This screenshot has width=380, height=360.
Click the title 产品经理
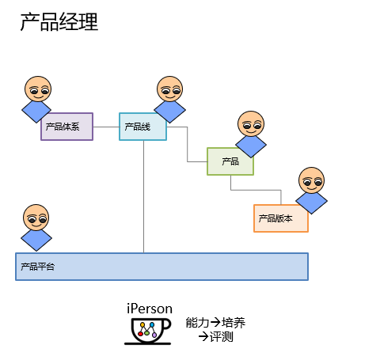click(59, 22)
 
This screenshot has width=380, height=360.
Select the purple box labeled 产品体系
click(66, 127)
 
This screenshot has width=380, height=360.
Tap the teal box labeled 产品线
click(142, 127)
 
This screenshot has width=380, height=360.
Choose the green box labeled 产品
click(230, 161)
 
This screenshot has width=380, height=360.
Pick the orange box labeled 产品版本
click(281, 218)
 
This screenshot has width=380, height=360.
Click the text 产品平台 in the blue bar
click(38, 267)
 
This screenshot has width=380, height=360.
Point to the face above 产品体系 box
click(38, 89)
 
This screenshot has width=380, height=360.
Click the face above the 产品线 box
click(169, 89)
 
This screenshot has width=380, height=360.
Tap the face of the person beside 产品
click(251, 123)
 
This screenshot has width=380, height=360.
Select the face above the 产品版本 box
click(311, 180)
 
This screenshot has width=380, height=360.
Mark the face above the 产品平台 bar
click(36, 218)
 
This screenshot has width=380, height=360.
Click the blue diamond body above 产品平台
click(36, 240)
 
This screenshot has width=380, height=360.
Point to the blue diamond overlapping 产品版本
click(311, 203)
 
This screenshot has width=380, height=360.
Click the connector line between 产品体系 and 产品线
click(106, 127)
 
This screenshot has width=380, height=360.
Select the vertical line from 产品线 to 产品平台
click(144, 196)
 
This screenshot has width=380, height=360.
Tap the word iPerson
click(150, 309)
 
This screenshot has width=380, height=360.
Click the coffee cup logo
click(148, 332)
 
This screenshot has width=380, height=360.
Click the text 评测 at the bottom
click(222, 337)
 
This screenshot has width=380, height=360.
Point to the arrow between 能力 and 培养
click(215, 322)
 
